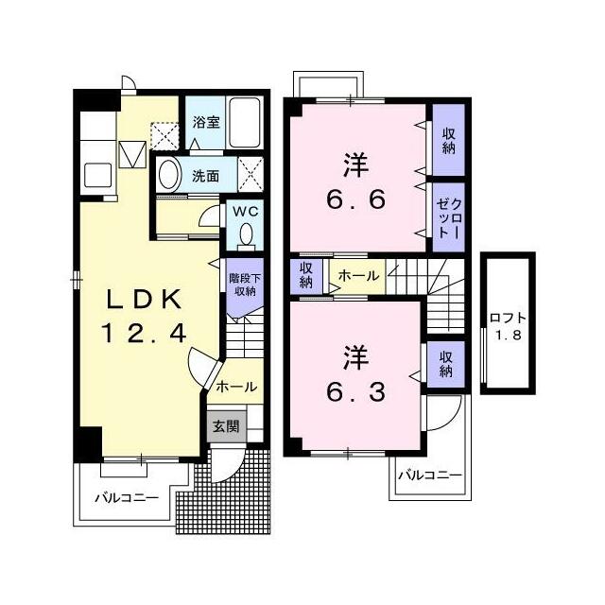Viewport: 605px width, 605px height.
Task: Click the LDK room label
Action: click(144, 300)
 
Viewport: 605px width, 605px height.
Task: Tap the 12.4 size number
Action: click(144, 334)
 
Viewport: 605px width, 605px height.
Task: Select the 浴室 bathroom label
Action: click(206, 122)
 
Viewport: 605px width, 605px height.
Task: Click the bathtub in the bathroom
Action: click(245, 122)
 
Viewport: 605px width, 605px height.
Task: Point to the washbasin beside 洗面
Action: click(170, 175)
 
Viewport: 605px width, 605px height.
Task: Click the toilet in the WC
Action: click(246, 236)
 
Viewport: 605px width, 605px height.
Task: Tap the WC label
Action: click(245, 212)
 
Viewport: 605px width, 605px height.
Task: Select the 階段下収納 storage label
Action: click(245, 285)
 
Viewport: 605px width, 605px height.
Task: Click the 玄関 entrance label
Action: click(226, 426)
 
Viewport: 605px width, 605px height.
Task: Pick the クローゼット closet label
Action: click(449, 216)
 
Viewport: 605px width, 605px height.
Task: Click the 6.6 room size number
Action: click(355, 199)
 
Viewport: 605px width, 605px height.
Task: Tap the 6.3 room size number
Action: click(355, 391)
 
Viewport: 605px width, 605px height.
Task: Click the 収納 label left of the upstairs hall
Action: click(306, 275)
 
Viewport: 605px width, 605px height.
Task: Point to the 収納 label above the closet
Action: click(449, 142)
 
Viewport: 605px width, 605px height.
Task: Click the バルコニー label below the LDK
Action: click(127, 498)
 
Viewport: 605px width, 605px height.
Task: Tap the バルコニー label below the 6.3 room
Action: click(430, 475)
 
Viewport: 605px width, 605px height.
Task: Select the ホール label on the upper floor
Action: click(358, 275)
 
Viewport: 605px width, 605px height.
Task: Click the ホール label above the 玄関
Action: click(236, 387)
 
